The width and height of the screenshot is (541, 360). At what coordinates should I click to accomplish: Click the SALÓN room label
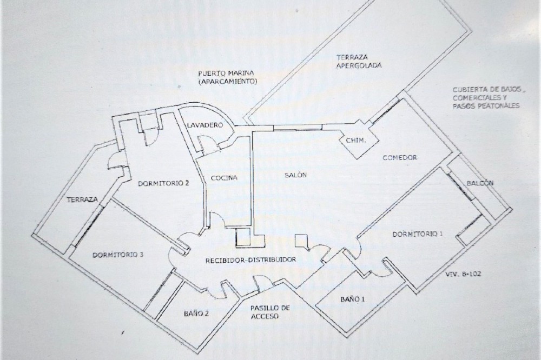[296, 175]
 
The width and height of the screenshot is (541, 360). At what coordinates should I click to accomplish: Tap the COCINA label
[224, 178]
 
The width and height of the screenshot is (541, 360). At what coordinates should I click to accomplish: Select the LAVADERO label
[205, 125]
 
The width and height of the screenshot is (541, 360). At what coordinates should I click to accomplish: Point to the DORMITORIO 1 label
[418, 235]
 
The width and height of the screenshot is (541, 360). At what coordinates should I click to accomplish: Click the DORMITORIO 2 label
[163, 183]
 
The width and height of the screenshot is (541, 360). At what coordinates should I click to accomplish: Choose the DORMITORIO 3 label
[118, 255]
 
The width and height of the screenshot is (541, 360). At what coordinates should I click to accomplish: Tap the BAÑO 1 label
[353, 299]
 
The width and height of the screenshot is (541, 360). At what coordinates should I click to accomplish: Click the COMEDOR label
[400, 158]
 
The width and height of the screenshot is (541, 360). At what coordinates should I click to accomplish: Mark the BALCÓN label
[480, 183]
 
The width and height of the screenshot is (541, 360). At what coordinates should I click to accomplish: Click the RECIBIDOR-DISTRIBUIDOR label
[250, 259]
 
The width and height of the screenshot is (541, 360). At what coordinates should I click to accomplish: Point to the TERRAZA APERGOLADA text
[359, 62]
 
